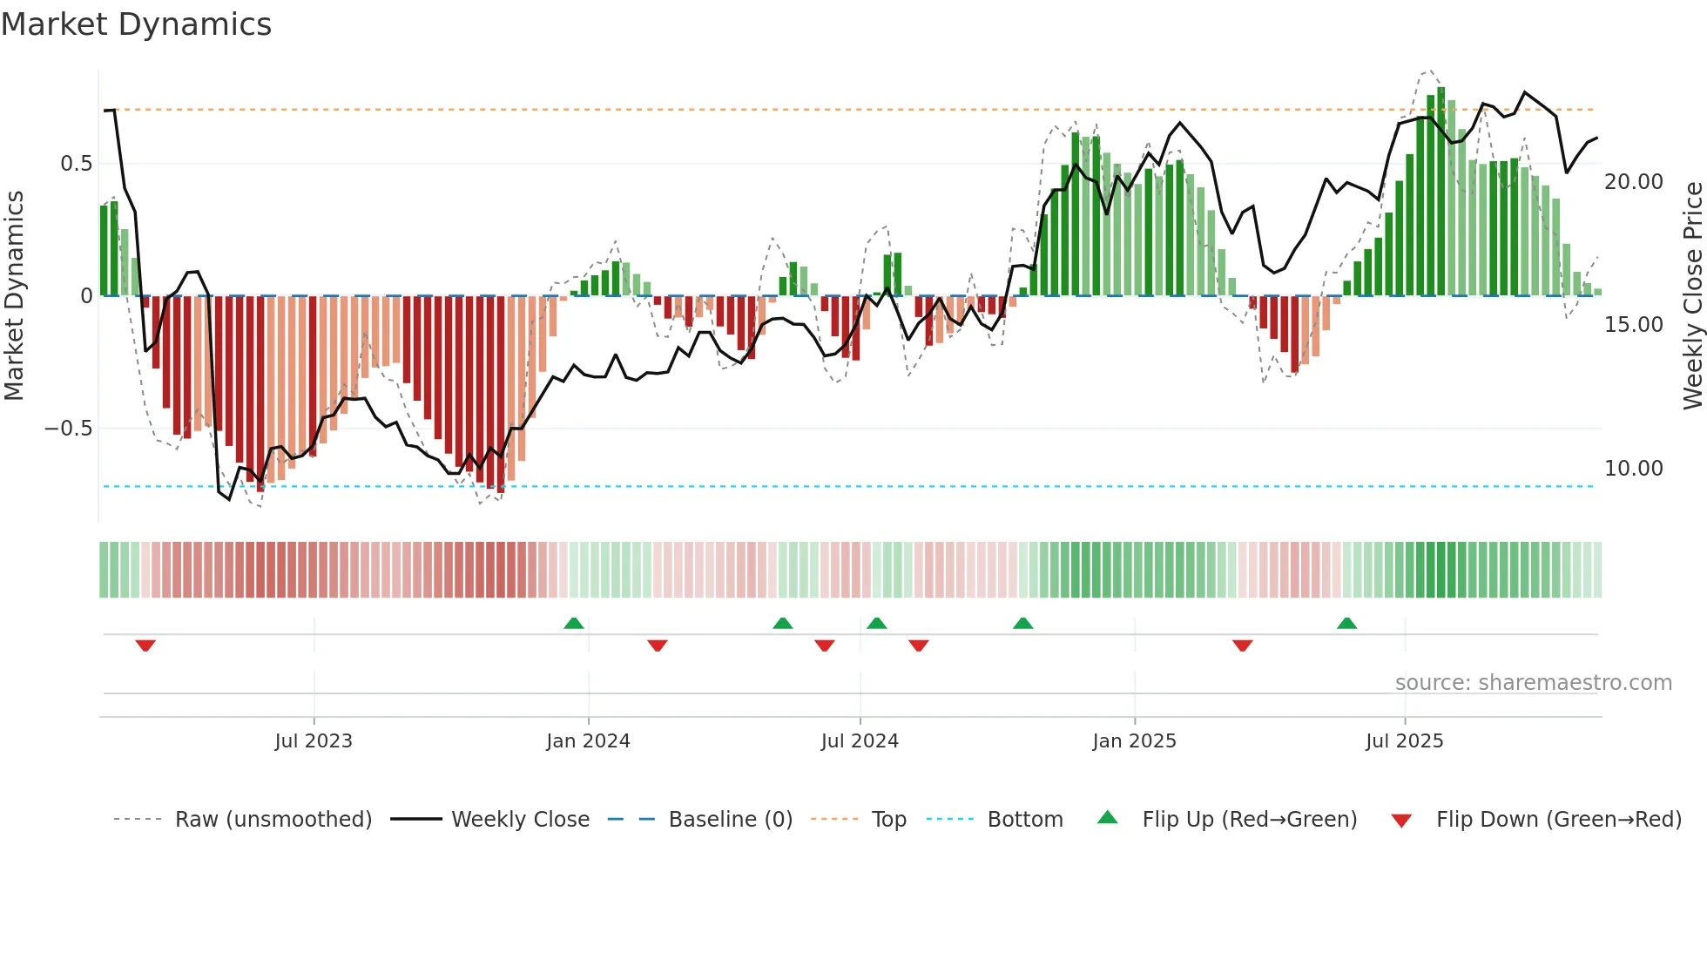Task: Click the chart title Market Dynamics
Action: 136,24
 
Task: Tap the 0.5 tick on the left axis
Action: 76,164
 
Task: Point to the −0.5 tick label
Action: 68,429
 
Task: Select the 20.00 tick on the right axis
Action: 1633,182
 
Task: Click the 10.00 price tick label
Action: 1633,469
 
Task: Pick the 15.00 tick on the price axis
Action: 1633,325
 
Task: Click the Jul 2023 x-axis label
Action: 314,741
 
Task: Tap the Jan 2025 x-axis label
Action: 1134,741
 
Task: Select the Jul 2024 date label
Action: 860,741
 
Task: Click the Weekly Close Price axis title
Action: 1692,296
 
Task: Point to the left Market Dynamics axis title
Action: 14,296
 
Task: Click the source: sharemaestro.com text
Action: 1533,683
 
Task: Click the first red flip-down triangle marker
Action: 145,646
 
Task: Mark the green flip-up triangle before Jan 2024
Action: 573,623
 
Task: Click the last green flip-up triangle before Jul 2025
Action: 1346,623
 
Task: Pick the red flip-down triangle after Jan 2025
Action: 1243,646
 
